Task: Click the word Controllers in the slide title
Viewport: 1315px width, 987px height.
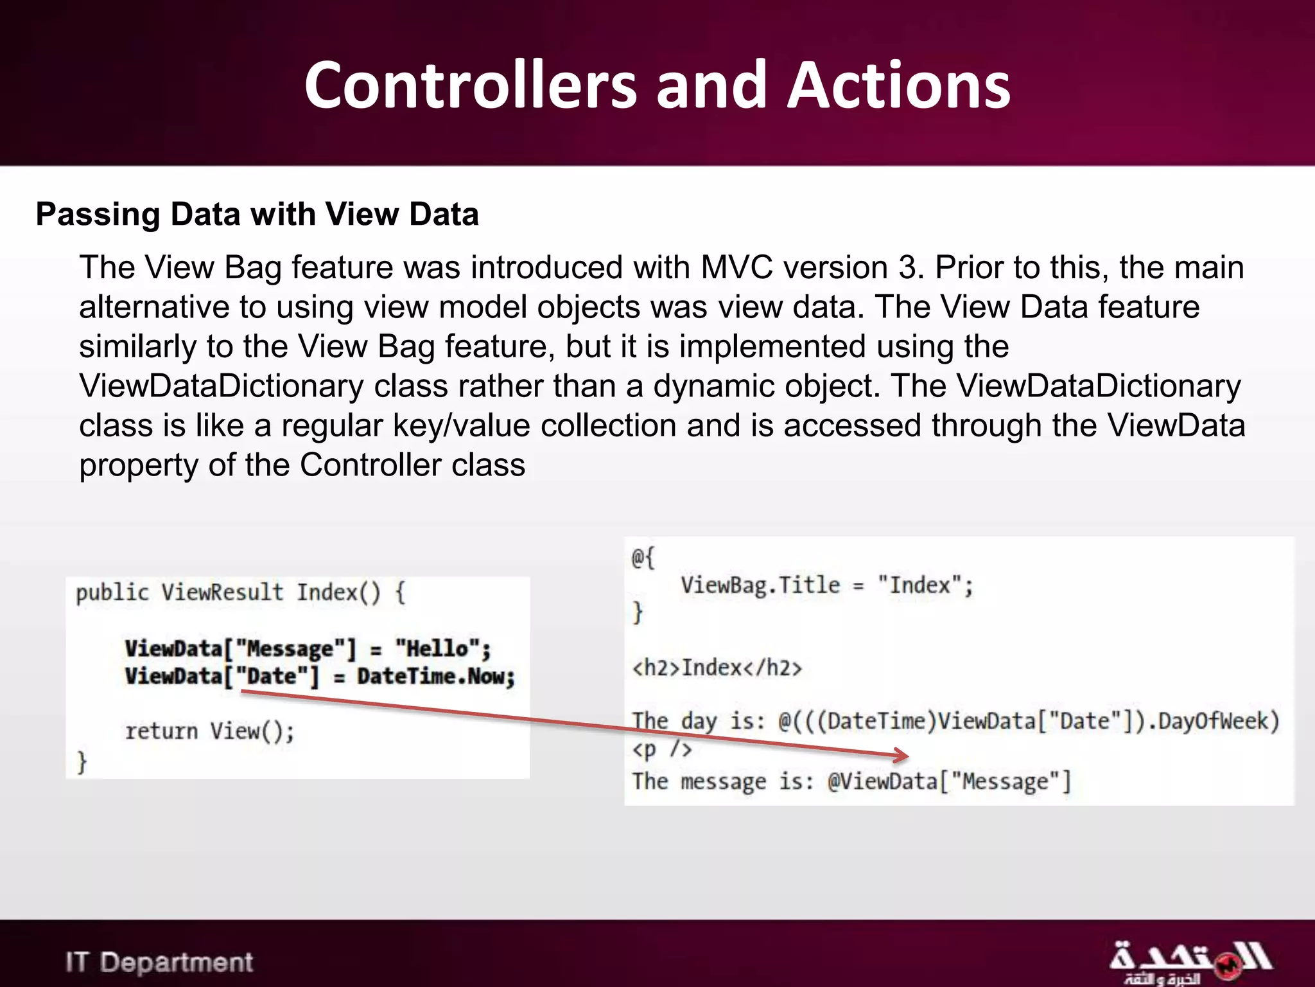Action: pyautogui.click(x=471, y=85)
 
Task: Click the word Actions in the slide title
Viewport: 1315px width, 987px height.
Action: pyautogui.click(x=899, y=85)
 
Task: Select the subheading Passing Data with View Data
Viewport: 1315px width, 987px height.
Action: pyautogui.click(x=257, y=214)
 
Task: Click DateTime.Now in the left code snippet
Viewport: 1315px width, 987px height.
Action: pyautogui.click(x=436, y=677)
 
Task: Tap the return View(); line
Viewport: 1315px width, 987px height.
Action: pyautogui.click(x=209, y=731)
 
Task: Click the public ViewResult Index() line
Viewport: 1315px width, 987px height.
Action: pyautogui.click(x=240, y=592)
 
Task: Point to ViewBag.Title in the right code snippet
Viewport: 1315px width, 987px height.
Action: pyautogui.click(x=760, y=585)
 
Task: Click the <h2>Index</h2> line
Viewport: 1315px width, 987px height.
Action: pyautogui.click(x=717, y=668)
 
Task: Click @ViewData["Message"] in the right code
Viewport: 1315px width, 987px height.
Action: pyautogui.click(x=949, y=782)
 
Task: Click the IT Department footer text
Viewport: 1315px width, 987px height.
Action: pyautogui.click(x=159, y=963)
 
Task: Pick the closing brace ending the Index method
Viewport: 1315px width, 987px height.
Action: pyautogui.click(x=82, y=762)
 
